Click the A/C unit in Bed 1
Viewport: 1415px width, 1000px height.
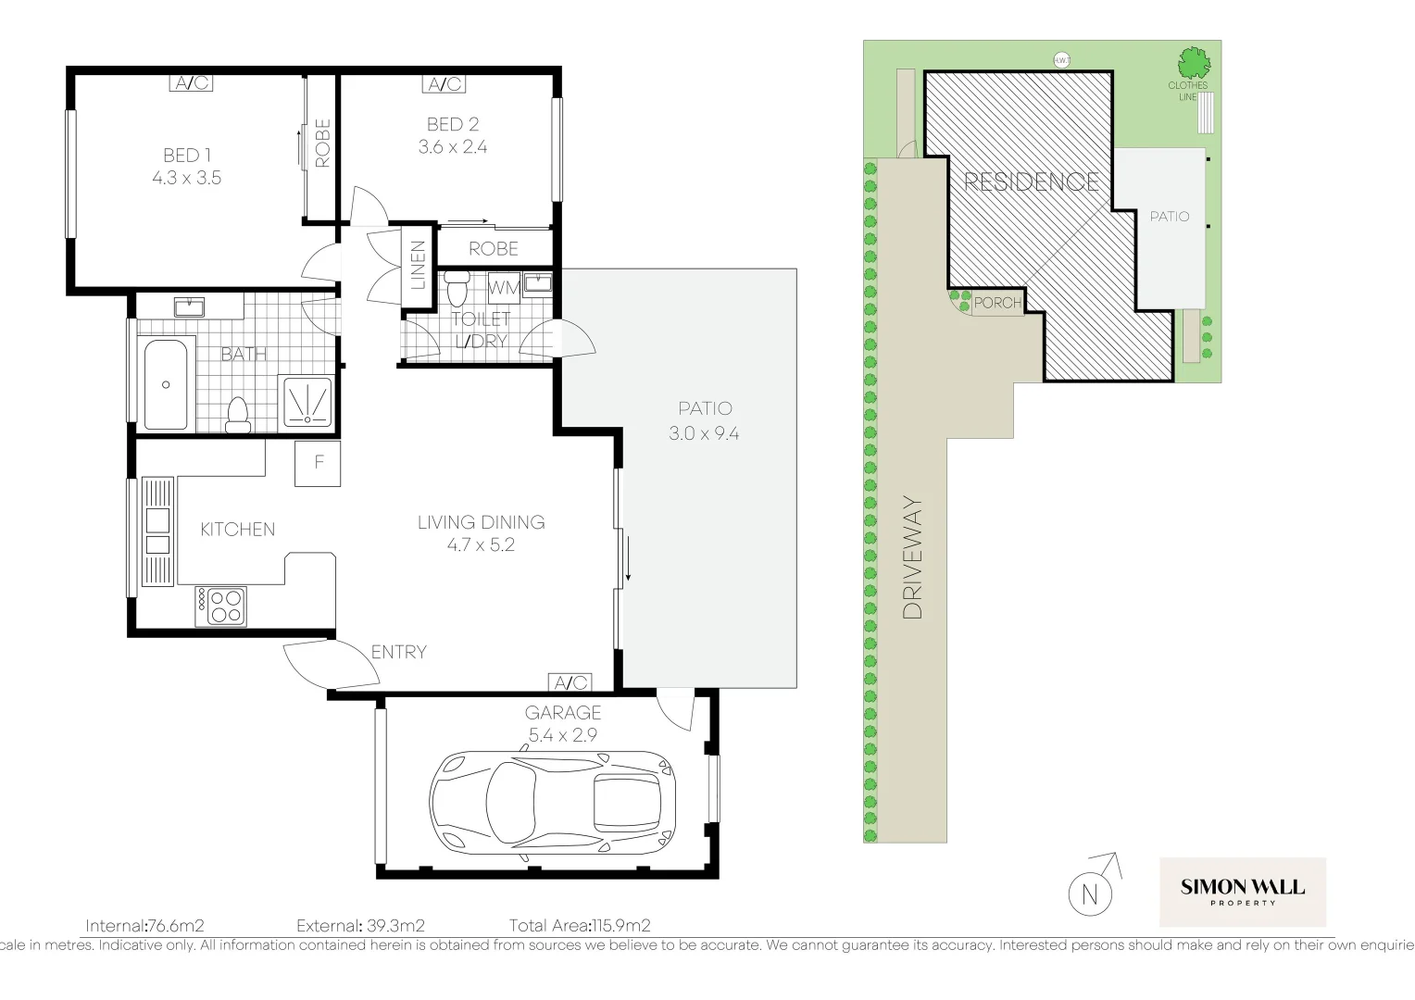(192, 83)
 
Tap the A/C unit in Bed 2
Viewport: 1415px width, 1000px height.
(445, 84)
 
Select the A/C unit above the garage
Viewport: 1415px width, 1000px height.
(570, 683)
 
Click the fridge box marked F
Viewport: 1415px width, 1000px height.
(318, 463)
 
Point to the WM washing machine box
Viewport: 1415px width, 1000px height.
(504, 288)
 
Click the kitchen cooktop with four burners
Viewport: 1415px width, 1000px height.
(220, 606)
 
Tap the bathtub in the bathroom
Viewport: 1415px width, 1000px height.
(167, 383)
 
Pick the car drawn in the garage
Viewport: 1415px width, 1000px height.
(553, 800)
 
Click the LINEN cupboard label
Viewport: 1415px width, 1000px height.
(418, 264)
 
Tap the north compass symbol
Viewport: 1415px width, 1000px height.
(1090, 895)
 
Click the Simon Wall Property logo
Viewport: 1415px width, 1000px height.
(1242, 892)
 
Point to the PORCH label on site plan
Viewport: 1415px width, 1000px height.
(997, 303)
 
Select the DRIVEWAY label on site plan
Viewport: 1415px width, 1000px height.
(913, 558)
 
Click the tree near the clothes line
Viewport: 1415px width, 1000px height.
(1194, 64)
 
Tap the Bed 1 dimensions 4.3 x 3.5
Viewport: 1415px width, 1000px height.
(187, 178)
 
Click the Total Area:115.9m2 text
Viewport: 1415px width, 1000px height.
(580, 925)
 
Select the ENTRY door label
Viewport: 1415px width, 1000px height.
(398, 652)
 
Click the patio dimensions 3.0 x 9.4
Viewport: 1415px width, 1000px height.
(705, 433)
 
